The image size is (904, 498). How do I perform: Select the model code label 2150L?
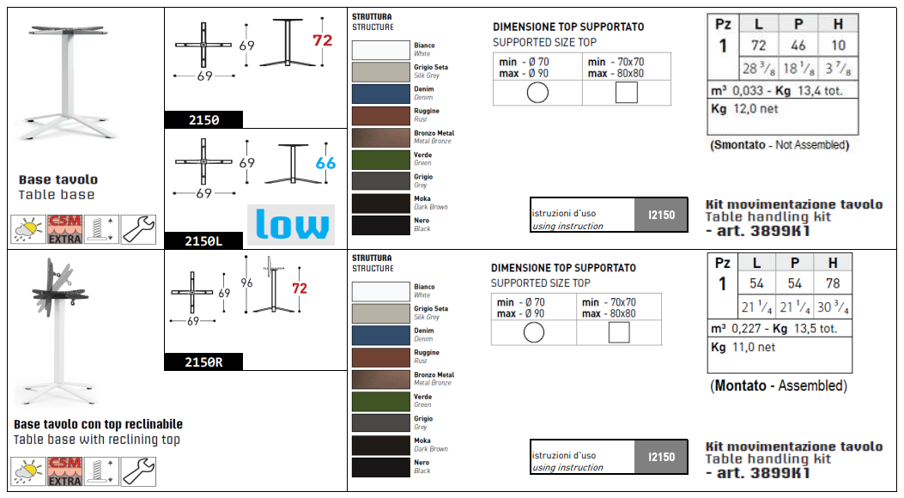point(203,241)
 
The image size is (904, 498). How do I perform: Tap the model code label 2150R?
point(203,362)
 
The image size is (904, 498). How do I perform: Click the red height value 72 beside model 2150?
point(322,40)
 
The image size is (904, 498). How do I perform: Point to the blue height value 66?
point(325,163)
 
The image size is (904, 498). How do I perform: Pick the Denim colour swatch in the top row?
point(380,93)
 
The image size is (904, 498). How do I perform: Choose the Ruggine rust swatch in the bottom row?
point(380,356)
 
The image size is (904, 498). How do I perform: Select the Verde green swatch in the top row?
point(380,159)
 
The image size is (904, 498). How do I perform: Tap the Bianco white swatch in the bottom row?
point(380,291)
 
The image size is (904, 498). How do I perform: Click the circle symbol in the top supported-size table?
point(537,93)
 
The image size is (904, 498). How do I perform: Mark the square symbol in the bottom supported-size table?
point(618,332)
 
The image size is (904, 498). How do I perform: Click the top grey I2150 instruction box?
point(661,214)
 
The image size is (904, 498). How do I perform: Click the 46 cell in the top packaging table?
point(798,46)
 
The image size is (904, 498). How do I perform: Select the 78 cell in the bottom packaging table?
point(833,283)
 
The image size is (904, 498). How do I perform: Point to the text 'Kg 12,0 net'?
point(745,109)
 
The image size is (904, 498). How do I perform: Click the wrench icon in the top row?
point(138,229)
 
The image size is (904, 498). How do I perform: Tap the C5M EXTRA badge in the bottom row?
point(64,471)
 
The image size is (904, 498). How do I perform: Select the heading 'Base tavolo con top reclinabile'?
point(98,424)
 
